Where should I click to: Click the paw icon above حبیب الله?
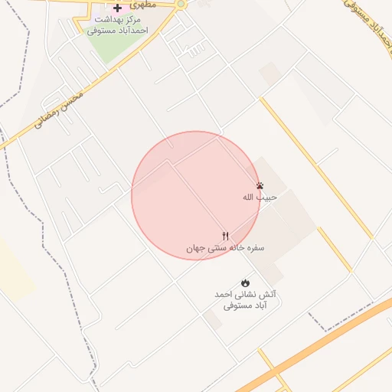[260, 186]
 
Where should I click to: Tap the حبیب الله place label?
[260, 198]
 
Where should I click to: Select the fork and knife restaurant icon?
[225, 237]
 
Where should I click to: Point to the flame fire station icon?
[245, 283]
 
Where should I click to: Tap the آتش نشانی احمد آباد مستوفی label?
[245, 300]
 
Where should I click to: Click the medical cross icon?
[117, 8]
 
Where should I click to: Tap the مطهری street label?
[142, 5]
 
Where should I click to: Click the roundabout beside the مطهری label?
[181, 4]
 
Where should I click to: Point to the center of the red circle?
[196, 195]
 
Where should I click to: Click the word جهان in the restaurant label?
[197, 249]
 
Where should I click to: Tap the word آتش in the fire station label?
[268, 295]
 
